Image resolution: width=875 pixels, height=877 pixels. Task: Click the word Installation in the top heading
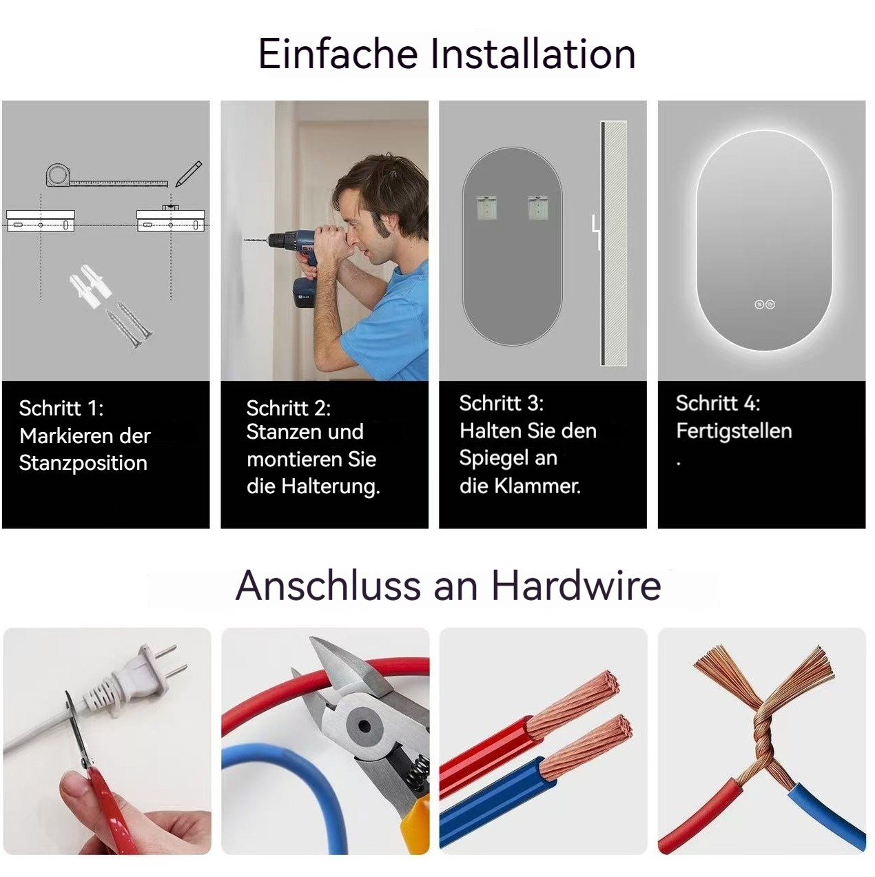click(x=533, y=54)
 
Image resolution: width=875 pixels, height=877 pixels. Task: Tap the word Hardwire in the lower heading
click(x=577, y=586)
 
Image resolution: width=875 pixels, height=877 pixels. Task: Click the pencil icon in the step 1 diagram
click(x=189, y=174)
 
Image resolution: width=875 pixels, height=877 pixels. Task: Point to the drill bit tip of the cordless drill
click(x=245, y=240)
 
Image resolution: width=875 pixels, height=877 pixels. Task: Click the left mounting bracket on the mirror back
click(x=486, y=208)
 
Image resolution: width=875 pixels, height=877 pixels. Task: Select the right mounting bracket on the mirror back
click(x=537, y=208)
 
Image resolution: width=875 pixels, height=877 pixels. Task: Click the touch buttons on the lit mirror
click(x=764, y=305)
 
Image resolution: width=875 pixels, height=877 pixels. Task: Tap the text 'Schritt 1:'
click(x=61, y=409)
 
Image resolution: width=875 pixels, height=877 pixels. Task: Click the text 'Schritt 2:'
click(x=288, y=409)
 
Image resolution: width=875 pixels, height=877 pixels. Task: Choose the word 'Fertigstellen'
click(x=734, y=431)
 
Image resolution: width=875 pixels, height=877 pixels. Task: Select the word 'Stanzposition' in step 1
click(x=83, y=464)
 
